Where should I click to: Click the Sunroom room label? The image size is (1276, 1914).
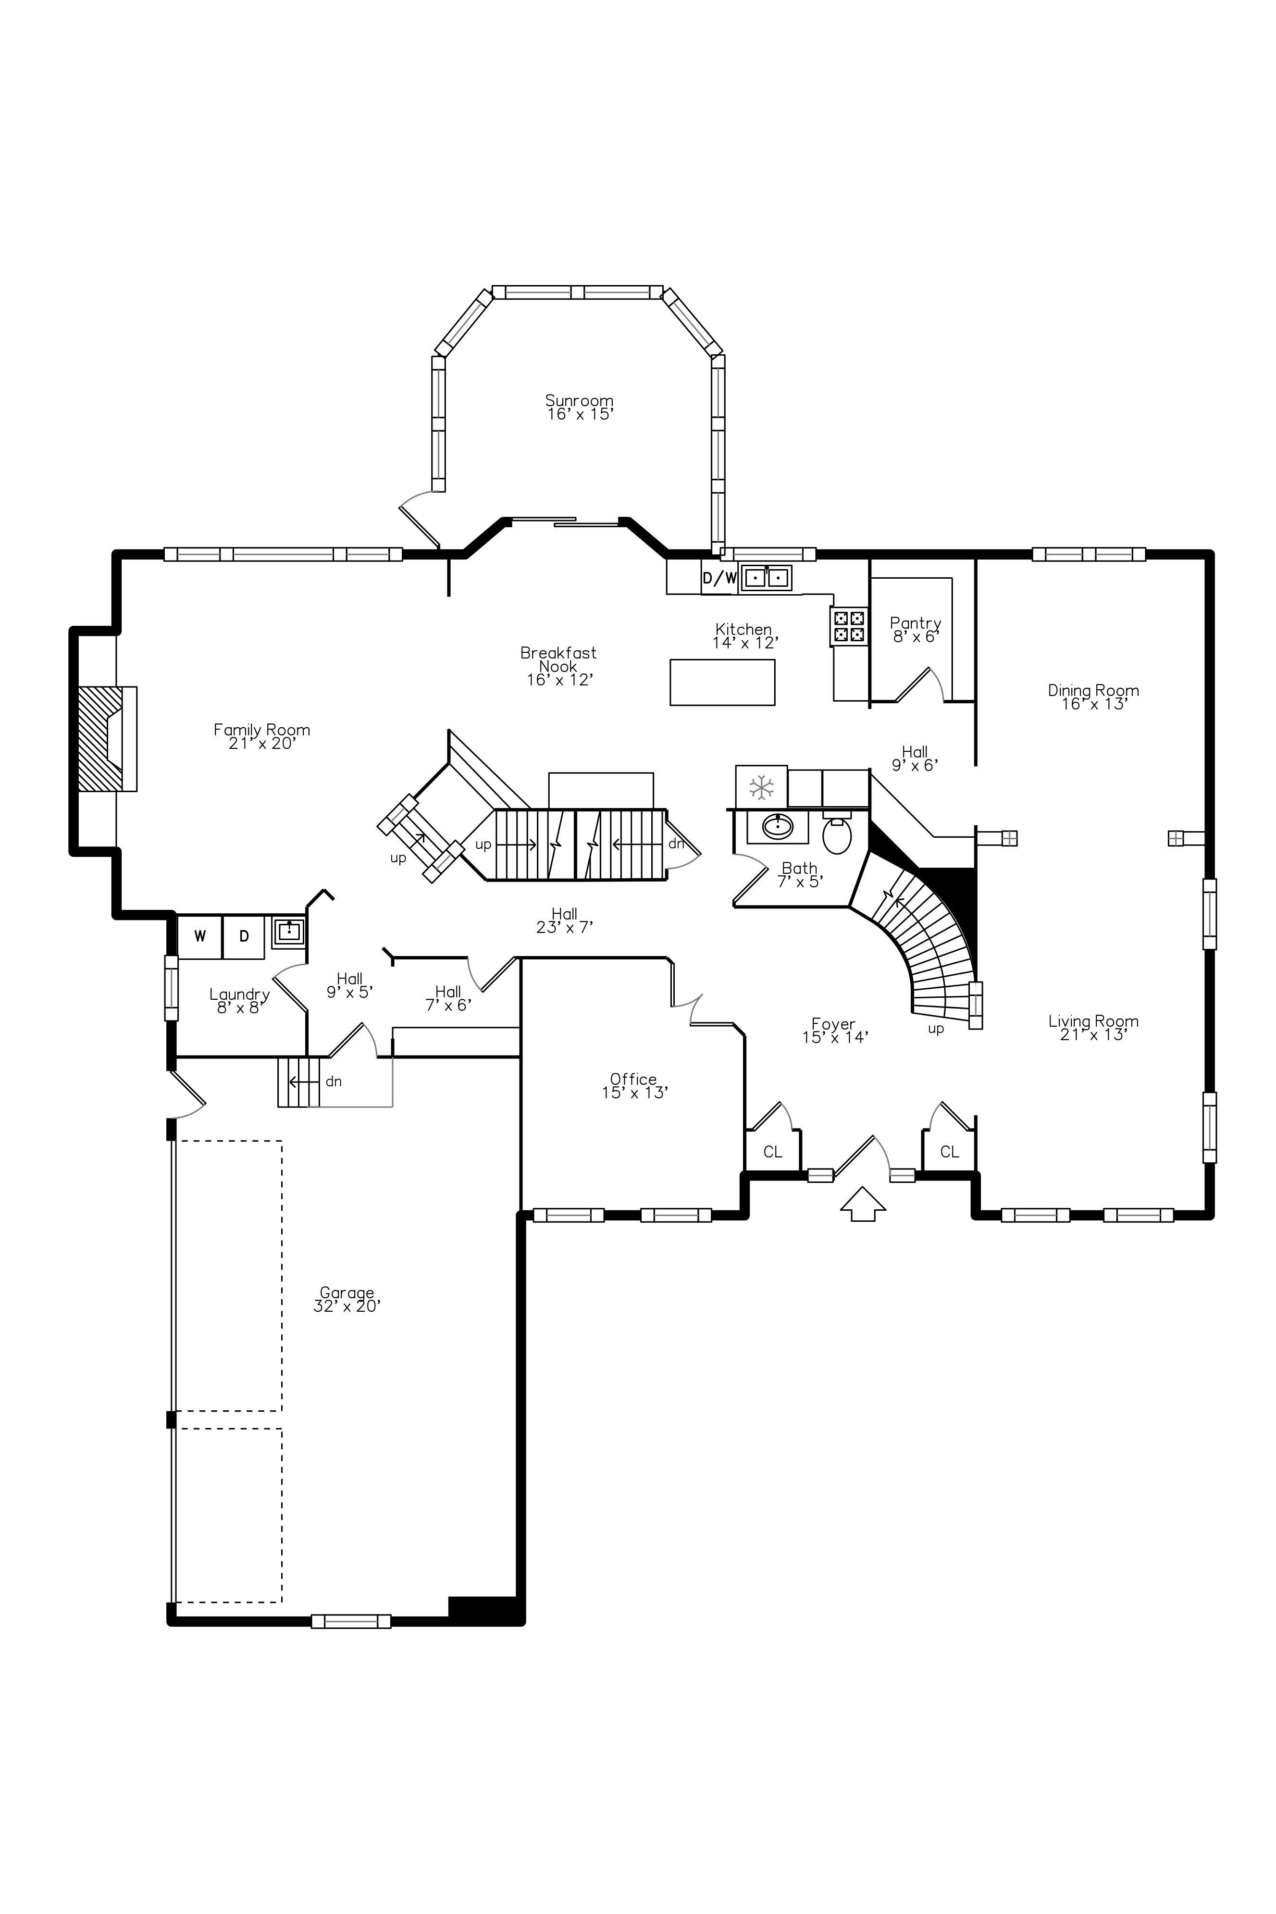coord(579,400)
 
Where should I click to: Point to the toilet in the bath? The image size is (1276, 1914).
coord(837,833)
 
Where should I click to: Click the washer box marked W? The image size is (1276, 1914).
coord(199,936)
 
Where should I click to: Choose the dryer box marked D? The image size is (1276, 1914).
coord(243,936)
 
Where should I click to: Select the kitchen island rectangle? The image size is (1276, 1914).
coord(722,682)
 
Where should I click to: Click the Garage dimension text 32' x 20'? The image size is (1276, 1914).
coord(347,1306)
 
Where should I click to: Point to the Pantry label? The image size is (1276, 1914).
coord(916,623)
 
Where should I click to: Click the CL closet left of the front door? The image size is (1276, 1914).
coord(772,1152)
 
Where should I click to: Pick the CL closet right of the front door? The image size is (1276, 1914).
coord(949,1152)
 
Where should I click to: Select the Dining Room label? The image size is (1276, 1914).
coord(1093,690)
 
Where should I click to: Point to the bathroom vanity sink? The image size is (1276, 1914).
coord(777,827)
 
